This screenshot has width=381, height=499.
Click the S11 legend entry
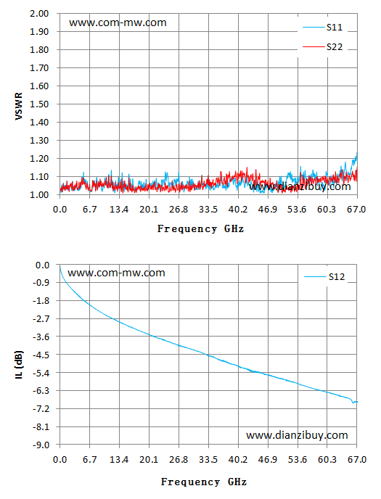323,28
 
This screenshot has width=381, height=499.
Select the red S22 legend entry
323,46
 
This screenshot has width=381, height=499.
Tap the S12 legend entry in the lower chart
324,277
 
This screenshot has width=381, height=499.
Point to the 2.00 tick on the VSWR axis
39,14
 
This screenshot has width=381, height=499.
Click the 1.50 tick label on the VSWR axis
39,104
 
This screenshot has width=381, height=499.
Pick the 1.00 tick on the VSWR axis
39,195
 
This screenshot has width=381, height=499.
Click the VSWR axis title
19,107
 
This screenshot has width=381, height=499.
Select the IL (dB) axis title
19,365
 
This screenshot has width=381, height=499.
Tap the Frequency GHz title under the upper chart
200,228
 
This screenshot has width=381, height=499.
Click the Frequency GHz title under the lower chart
204,482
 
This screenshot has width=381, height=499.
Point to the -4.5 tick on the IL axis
41,355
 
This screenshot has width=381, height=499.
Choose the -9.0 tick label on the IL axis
41,445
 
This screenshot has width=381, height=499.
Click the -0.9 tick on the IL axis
41,283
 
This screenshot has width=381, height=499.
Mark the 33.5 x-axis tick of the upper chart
208,210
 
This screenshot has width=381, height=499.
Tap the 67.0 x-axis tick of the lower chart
357,460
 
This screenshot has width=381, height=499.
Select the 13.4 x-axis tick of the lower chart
119,460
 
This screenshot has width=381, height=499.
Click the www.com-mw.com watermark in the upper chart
118,22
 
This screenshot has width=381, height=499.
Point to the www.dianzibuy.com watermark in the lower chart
297,435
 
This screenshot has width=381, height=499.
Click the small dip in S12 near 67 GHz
353,403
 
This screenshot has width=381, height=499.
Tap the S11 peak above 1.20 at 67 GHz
357,154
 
